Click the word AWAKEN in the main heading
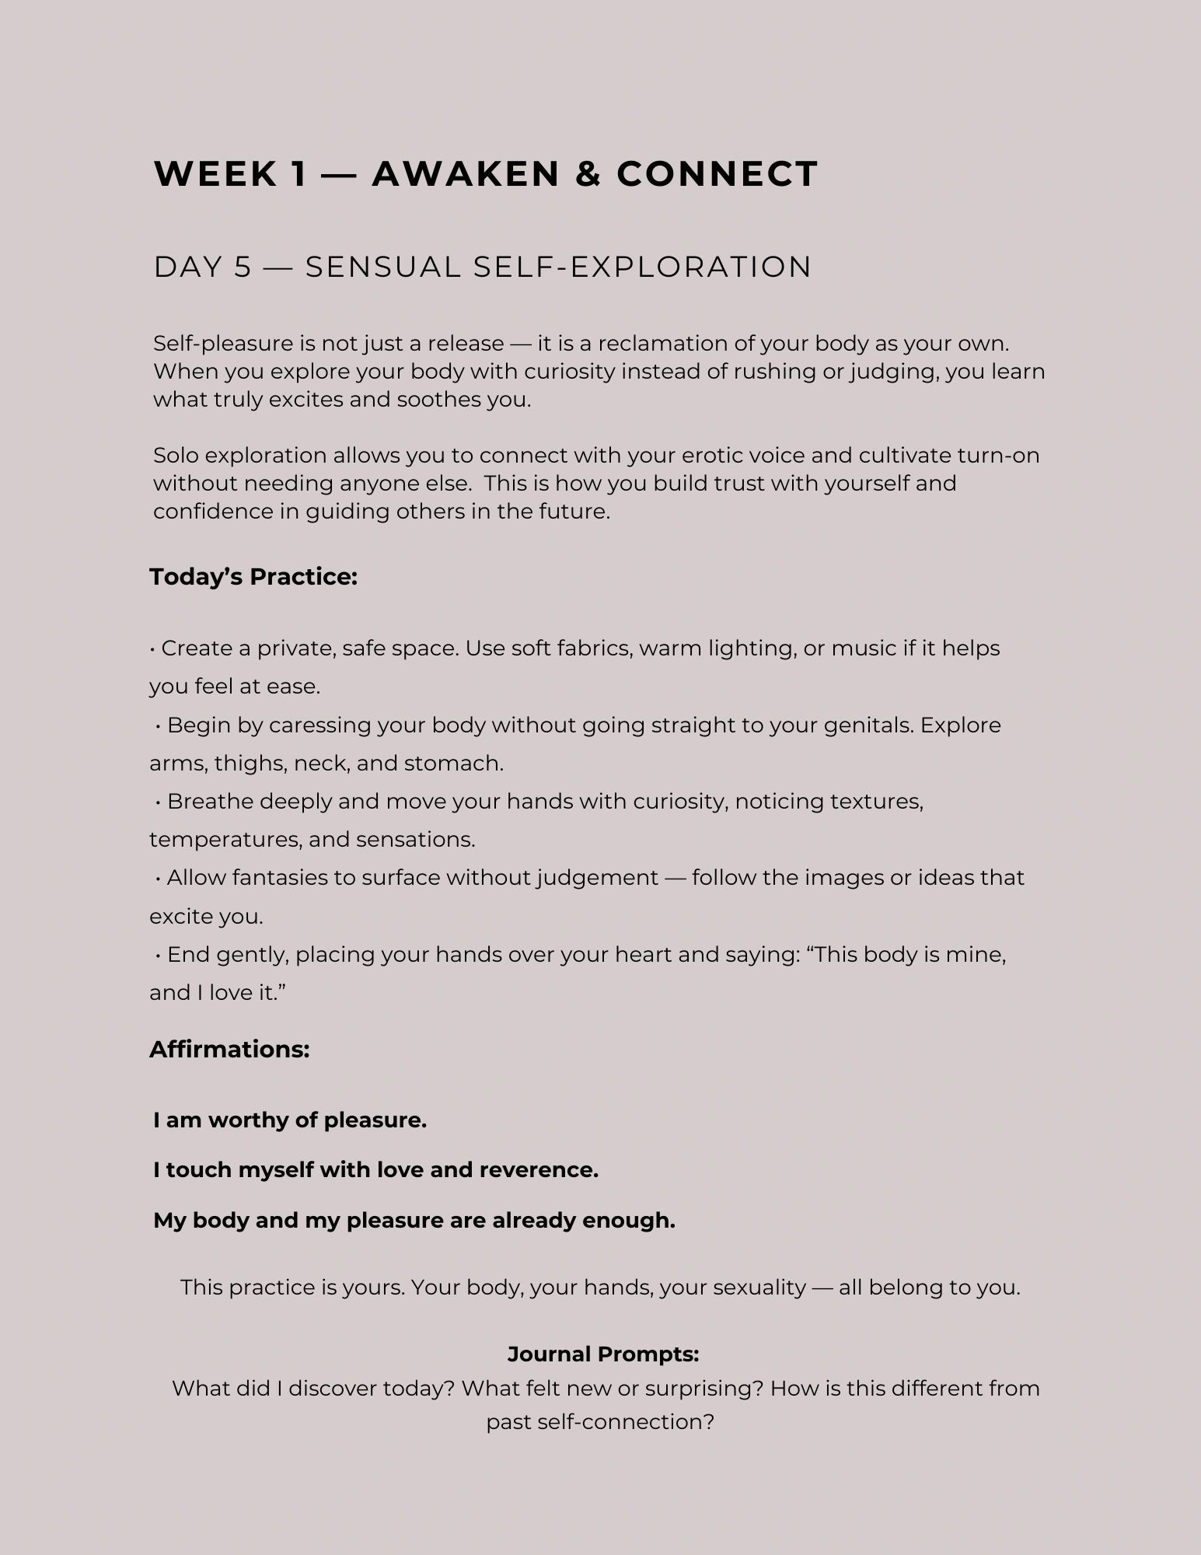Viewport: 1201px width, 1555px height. pos(466,173)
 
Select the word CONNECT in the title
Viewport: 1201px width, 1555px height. pos(717,173)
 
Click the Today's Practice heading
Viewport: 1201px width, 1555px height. pos(253,577)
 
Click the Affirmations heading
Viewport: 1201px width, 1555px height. pos(230,1049)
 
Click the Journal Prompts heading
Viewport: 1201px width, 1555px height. pos(603,1354)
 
